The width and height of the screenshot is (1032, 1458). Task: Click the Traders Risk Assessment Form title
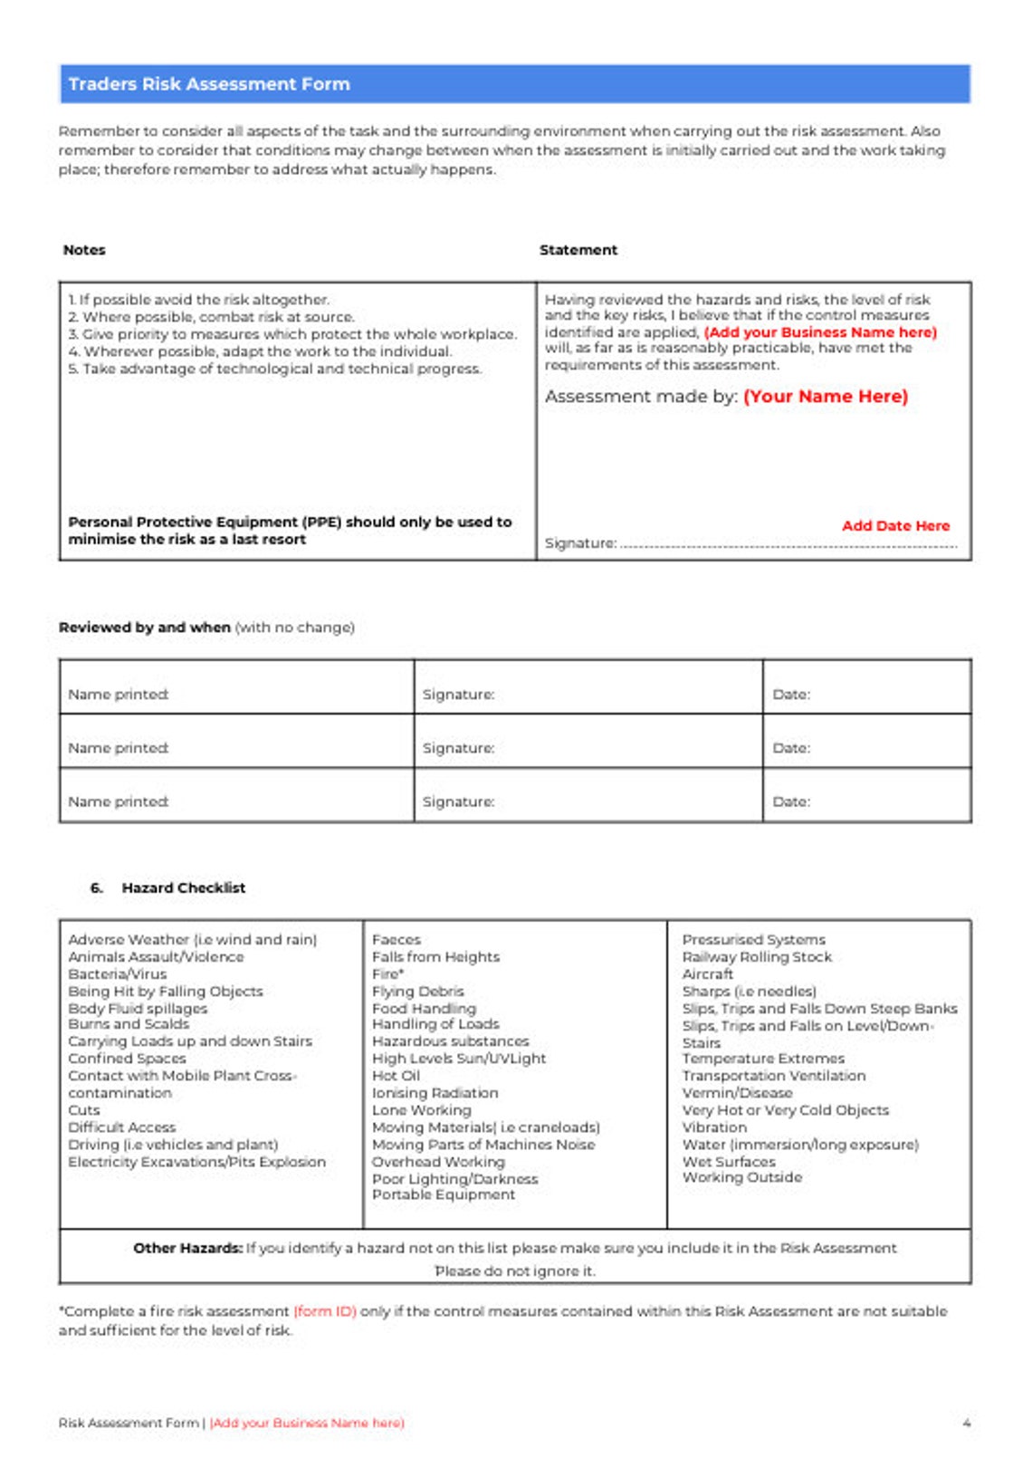[x=209, y=84]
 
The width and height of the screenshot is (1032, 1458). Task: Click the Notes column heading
[x=84, y=250]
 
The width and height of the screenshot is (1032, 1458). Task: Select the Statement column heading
[x=578, y=250]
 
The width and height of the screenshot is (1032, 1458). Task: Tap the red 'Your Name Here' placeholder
[x=825, y=397]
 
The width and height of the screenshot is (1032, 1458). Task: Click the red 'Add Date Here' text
[x=894, y=526]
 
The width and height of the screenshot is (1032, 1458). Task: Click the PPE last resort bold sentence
[x=290, y=531]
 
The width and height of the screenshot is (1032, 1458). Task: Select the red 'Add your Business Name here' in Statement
[x=820, y=332]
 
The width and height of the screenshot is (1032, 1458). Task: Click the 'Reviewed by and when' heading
[x=145, y=628]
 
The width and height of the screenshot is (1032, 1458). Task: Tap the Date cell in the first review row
[x=865, y=695]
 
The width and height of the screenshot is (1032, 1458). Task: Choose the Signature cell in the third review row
[x=588, y=801]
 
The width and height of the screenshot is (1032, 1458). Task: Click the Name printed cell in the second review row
[x=235, y=748]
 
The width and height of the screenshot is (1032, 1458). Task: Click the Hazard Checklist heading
[x=183, y=888]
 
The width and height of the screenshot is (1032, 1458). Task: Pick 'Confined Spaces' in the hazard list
[x=127, y=1059]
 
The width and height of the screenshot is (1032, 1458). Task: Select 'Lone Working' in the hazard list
[x=421, y=1110]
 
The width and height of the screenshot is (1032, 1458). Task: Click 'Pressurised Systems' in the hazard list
[x=753, y=940]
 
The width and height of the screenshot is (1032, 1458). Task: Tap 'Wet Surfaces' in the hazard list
[x=728, y=1162]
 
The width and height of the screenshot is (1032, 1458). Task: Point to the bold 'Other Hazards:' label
[x=187, y=1249]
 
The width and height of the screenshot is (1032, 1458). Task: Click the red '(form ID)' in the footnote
[x=325, y=1311]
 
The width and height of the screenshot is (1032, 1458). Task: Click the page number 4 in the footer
[x=966, y=1424]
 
